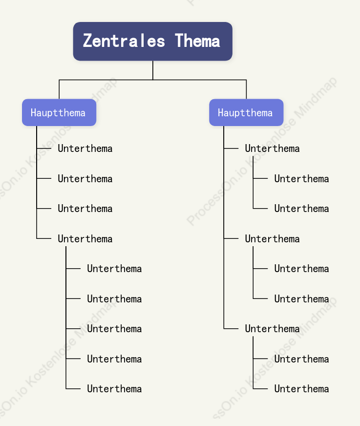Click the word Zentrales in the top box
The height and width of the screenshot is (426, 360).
pyautogui.click(x=124, y=41)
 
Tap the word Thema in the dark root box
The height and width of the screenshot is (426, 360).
pyautogui.click(x=197, y=41)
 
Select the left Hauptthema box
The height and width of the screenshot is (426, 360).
pyautogui.click(x=59, y=112)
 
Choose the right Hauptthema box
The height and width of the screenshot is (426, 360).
pyautogui.click(x=246, y=112)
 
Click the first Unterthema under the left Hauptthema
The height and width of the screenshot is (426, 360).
pyautogui.click(x=85, y=149)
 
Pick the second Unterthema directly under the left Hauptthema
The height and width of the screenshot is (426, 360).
pyautogui.click(x=85, y=179)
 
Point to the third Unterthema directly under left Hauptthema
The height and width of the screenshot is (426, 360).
pyautogui.click(x=85, y=209)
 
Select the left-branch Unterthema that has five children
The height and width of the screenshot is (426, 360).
pyautogui.click(x=85, y=239)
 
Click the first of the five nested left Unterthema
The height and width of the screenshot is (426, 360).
pyautogui.click(x=114, y=269)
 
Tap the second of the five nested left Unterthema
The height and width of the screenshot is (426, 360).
pyautogui.click(x=114, y=299)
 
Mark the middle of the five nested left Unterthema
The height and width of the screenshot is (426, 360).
pyautogui.click(x=114, y=329)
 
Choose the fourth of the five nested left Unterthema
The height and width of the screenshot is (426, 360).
pyautogui.click(x=114, y=359)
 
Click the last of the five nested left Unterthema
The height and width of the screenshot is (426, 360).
pyautogui.click(x=114, y=389)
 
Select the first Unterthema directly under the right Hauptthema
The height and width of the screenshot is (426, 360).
pyautogui.click(x=272, y=149)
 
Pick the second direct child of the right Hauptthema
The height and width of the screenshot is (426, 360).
pyautogui.click(x=272, y=239)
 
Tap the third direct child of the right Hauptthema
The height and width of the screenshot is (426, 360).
pyautogui.click(x=272, y=329)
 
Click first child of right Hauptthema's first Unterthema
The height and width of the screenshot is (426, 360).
pyautogui.click(x=301, y=179)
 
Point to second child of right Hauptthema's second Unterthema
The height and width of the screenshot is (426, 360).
pyautogui.click(x=301, y=299)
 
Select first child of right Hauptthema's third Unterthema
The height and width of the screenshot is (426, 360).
pyautogui.click(x=301, y=359)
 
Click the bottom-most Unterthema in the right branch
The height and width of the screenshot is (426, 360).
pyautogui.click(x=301, y=389)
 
